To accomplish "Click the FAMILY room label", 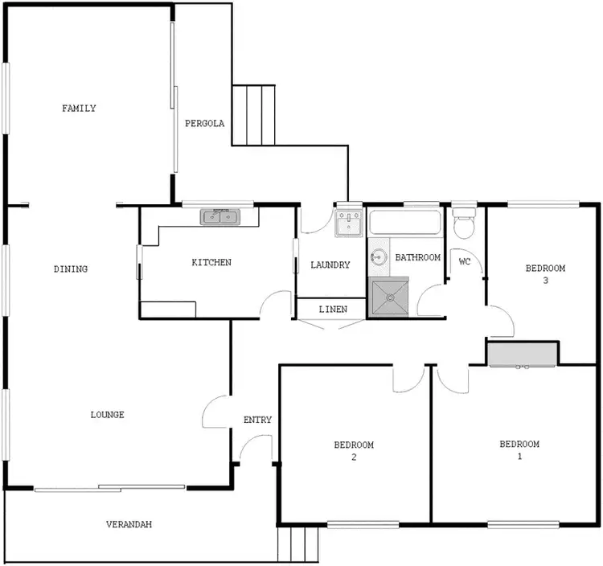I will pyautogui.click(x=79, y=109).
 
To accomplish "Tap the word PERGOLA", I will pyautogui.click(x=204, y=124).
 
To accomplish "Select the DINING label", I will pyautogui.click(x=71, y=269).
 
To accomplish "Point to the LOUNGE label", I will pyautogui.click(x=107, y=415).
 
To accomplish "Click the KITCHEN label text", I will pyautogui.click(x=211, y=263).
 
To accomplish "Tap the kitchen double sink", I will pyautogui.click(x=220, y=216).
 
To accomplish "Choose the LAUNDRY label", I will pyautogui.click(x=330, y=265).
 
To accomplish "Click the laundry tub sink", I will pyautogui.click(x=349, y=223).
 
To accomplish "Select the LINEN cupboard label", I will pyautogui.click(x=333, y=310).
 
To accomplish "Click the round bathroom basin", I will pyautogui.click(x=379, y=258).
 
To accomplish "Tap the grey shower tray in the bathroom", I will pyautogui.click(x=388, y=297).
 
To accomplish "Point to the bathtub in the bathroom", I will pyautogui.click(x=405, y=224).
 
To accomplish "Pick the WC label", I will pyautogui.click(x=464, y=261).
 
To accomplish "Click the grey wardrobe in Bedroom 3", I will pyautogui.click(x=523, y=354).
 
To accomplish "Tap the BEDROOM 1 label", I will pyautogui.click(x=519, y=450).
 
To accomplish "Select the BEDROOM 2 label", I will pyautogui.click(x=354, y=451).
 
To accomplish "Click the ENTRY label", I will pyautogui.click(x=257, y=420).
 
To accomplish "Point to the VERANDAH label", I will pyautogui.click(x=129, y=525).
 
